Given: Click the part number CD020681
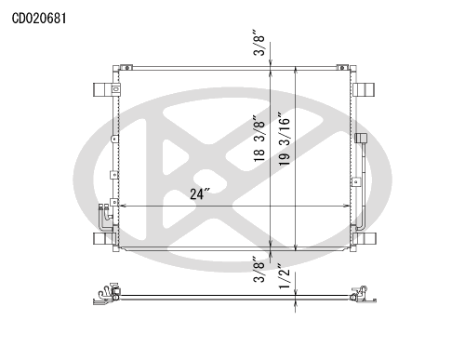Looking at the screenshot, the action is [39, 19].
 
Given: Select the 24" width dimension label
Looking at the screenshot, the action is [200, 193].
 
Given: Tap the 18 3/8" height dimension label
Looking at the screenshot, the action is [259, 139].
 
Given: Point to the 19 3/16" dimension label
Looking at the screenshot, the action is [284, 139].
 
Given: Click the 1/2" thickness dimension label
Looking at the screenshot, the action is [284, 276].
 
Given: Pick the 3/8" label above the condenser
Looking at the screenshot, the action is [259, 43].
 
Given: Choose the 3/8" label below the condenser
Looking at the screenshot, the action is [259, 269].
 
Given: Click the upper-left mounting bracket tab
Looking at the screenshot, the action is [102, 89].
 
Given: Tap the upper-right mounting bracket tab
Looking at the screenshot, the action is [365, 89].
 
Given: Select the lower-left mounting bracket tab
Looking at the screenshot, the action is [102, 238].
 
